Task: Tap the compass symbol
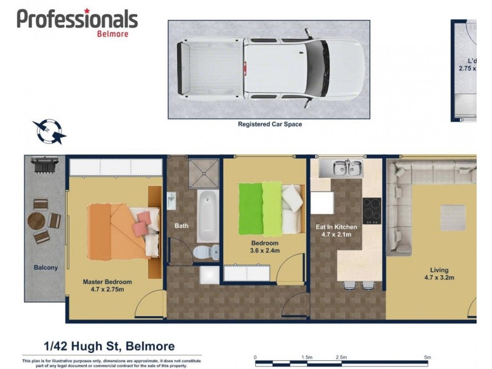coord(49,130)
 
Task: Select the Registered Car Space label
coord(269,124)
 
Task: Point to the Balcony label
coord(46,268)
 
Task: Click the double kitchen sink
coord(339,167)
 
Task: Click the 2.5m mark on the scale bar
coord(341,357)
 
